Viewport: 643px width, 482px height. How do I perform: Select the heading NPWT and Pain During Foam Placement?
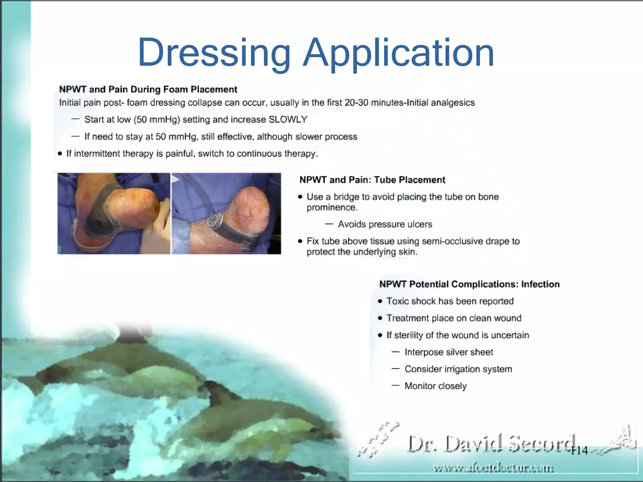pyautogui.click(x=148, y=89)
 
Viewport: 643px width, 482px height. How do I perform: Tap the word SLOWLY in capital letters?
pyautogui.click(x=288, y=120)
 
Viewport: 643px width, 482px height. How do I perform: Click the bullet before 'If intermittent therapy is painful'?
pyautogui.click(x=60, y=153)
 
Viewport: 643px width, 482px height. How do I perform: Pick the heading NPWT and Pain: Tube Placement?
pyautogui.click(x=372, y=180)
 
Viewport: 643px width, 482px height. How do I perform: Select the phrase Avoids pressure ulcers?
pyautogui.click(x=385, y=224)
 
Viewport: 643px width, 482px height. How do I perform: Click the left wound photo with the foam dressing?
pyautogui.click(x=114, y=213)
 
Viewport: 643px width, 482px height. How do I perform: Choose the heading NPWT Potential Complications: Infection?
pyautogui.click(x=469, y=284)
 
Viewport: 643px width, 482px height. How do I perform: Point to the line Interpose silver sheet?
pyautogui.click(x=449, y=352)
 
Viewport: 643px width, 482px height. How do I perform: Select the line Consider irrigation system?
pyautogui.click(x=458, y=369)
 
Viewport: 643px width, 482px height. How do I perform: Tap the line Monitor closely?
pyautogui.click(x=435, y=386)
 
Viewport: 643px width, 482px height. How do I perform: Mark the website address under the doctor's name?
pyautogui.click(x=494, y=469)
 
